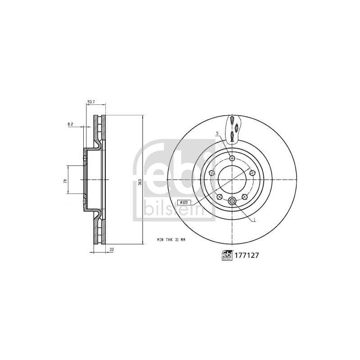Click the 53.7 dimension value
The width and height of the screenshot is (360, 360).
(x=91, y=102)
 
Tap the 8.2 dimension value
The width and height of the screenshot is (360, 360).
(x=70, y=124)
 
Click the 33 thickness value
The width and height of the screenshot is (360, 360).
(x=112, y=249)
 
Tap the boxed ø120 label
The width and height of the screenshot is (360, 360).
(x=184, y=202)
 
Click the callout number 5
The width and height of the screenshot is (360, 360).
(x=217, y=133)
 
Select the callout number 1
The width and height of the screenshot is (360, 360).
(x=254, y=220)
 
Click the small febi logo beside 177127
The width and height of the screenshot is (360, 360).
(x=227, y=255)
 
